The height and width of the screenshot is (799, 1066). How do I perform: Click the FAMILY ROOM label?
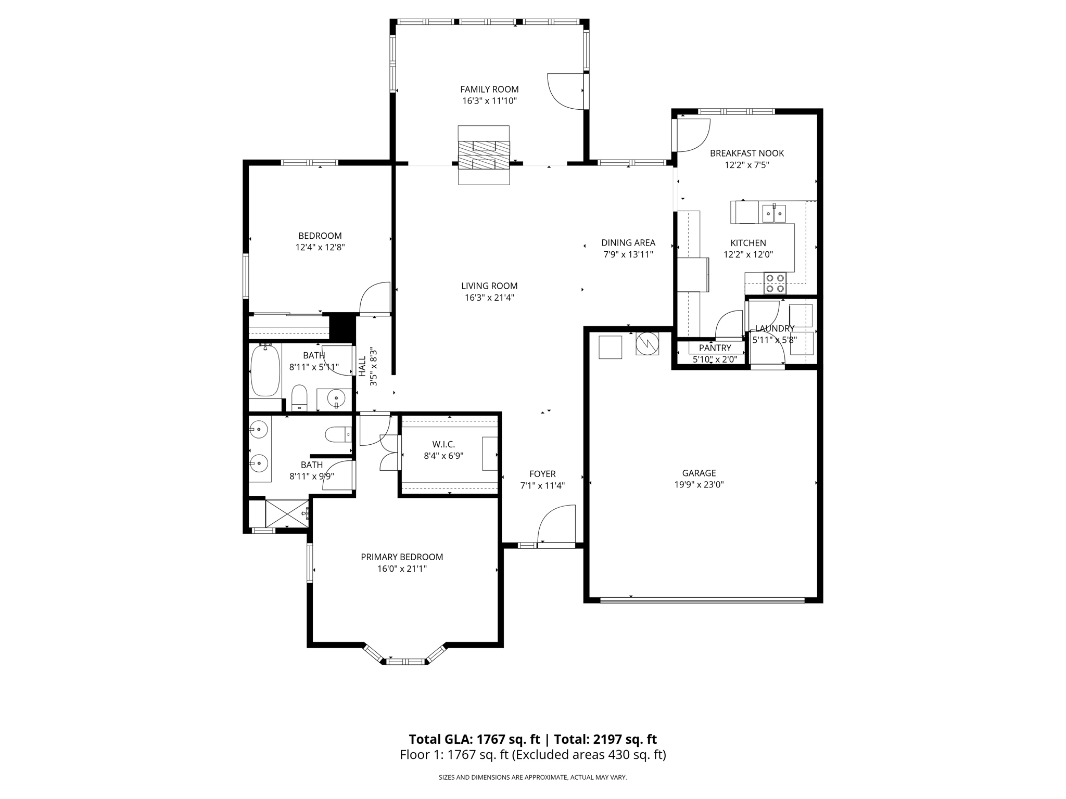click(x=489, y=89)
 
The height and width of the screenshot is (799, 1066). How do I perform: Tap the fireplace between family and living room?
click(x=483, y=155)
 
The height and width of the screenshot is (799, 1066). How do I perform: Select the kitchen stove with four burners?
click(x=775, y=283)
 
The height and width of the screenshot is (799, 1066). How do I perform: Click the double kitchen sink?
click(x=773, y=213)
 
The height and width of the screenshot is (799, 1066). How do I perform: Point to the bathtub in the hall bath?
click(x=265, y=371)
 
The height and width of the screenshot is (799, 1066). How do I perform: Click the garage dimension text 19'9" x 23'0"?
click(x=699, y=485)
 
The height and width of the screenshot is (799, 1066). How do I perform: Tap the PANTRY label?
click(x=715, y=348)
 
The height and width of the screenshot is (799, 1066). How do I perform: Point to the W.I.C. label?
click(x=443, y=444)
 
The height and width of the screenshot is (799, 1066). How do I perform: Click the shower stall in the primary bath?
click(x=287, y=513)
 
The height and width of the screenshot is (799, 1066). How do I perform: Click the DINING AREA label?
click(x=628, y=243)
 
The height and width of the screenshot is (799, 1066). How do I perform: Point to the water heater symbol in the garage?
click(x=647, y=343)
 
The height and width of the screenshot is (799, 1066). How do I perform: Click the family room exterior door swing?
click(x=565, y=92)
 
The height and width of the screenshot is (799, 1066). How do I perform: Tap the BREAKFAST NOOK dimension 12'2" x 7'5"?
click(x=746, y=165)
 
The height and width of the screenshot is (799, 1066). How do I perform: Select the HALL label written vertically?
click(x=362, y=366)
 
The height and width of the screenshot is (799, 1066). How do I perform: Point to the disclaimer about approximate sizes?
click(x=532, y=778)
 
